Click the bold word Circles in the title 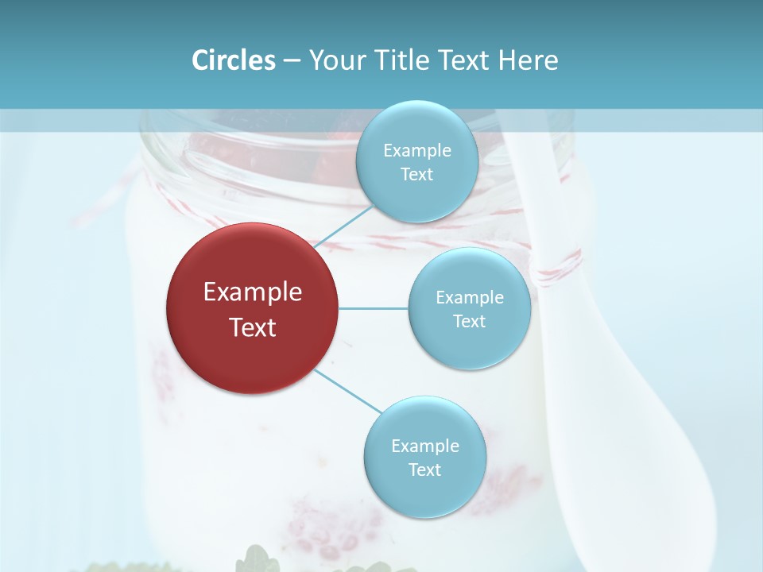coord(234,60)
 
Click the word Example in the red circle coord(252,292)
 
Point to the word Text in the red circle coord(252,327)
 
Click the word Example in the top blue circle coord(416,151)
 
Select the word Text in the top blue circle coord(416,175)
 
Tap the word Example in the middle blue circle coord(469,298)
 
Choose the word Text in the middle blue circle coord(469,322)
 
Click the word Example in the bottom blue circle coord(424,446)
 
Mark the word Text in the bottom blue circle coord(424,470)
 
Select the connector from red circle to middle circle coord(374,308)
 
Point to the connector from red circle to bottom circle coord(348,391)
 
